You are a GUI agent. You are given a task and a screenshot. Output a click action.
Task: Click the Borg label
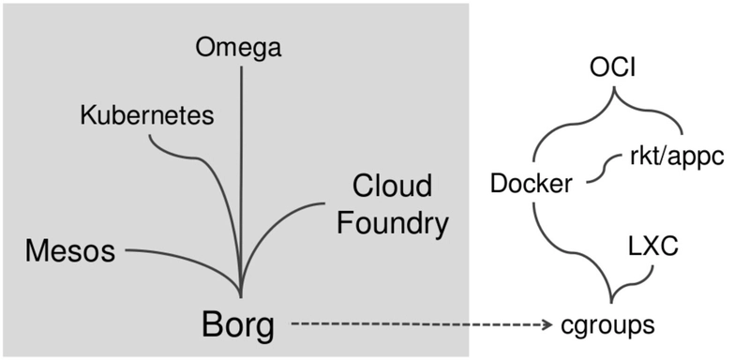pos(238,325)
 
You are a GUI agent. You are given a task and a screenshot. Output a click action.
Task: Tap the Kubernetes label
pos(147,115)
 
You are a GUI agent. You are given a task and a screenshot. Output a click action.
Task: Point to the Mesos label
pos(70,251)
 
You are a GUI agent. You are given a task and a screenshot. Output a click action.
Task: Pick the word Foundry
pos(393,223)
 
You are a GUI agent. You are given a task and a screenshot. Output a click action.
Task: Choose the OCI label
pos(615,71)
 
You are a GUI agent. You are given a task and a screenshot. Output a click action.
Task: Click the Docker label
pos(532,184)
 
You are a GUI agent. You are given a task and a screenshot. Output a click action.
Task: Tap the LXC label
pos(652,247)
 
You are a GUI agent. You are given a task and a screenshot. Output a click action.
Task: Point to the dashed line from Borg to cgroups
pos(412,325)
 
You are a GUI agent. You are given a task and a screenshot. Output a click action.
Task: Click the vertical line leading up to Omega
pos(241,169)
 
